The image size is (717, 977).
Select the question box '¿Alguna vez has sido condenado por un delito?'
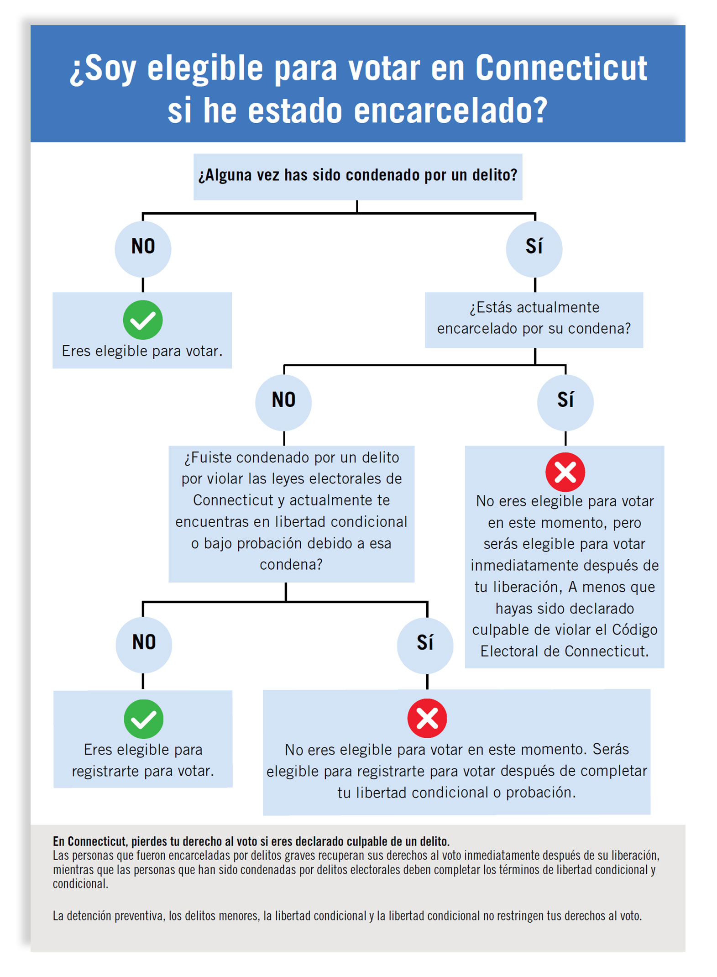[x=357, y=176]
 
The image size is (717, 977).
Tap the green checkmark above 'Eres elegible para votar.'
[x=143, y=320]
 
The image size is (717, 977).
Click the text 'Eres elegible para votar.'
[x=142, y=351]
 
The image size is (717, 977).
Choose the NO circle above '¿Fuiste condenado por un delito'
[x=283, y=401]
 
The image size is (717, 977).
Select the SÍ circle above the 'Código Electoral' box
[x=565, y=401]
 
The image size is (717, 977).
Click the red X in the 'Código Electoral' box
[x=565, y=472]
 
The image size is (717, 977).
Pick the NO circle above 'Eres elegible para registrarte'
[x=144, y=644]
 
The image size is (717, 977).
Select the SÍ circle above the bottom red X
[x=425, y=644]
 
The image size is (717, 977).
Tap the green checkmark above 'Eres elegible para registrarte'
[x=144, y=719]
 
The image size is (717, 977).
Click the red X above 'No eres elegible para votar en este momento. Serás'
[x=427, y=718]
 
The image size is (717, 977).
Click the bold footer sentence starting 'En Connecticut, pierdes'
[x=251, y=841]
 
